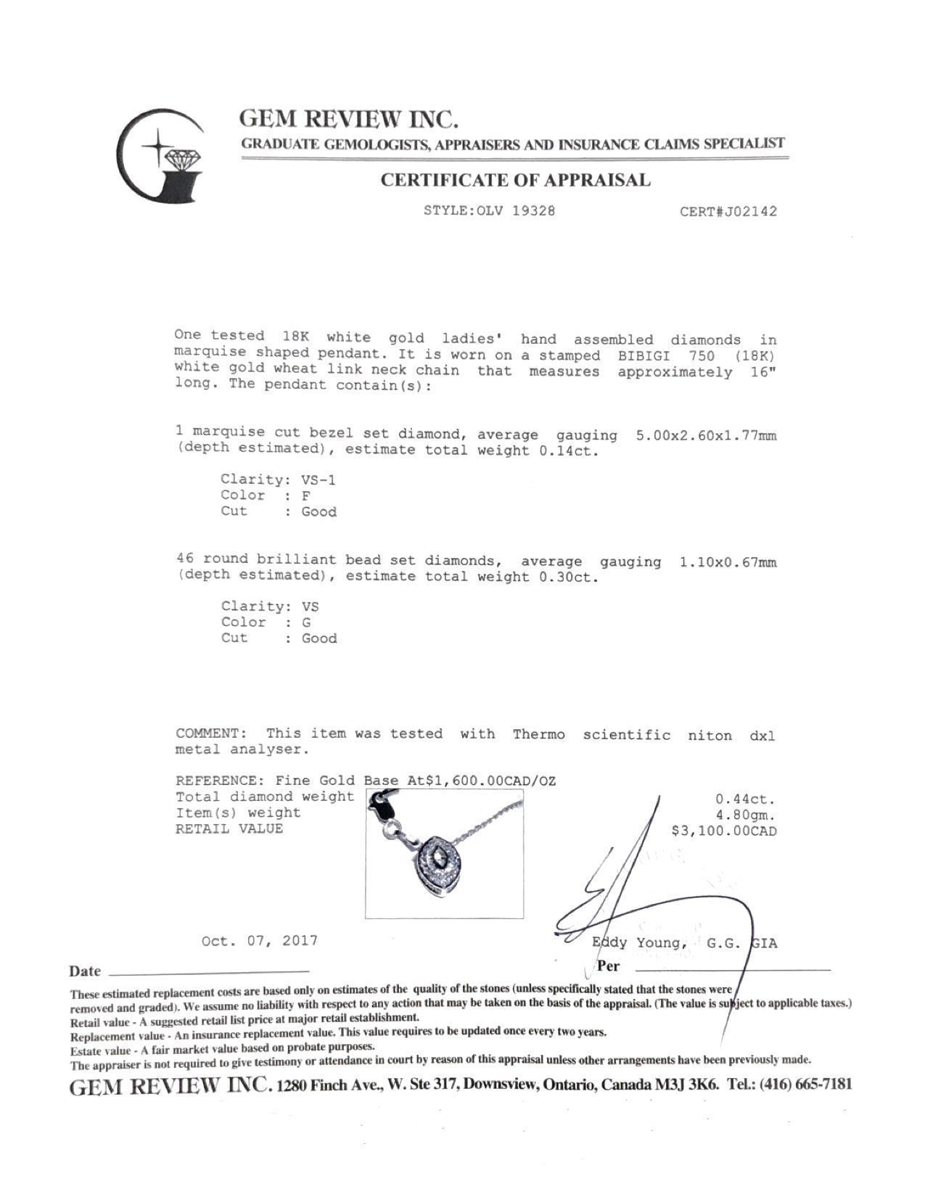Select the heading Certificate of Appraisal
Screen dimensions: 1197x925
coord(516,180)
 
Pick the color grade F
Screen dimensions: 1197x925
coord(305,495)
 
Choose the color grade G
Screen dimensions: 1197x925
coord(305,622)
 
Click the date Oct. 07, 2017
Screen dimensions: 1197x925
coord(260,941)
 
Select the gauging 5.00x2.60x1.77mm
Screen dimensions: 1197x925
coord(705,435)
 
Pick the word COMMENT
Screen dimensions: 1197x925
coord(207,733)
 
